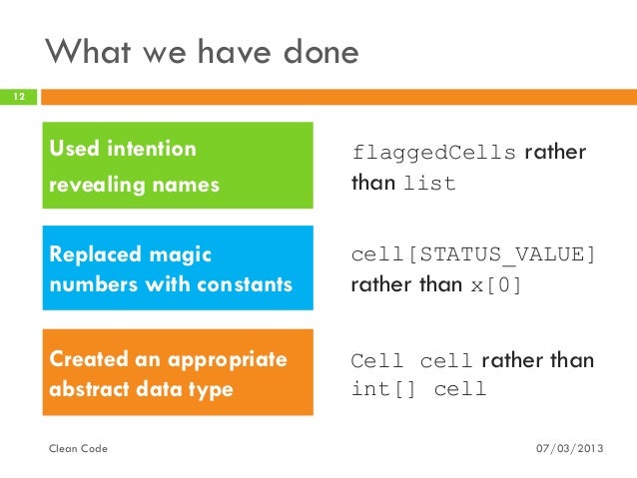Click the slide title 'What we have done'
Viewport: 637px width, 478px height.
203,53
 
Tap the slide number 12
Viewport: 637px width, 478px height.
18,98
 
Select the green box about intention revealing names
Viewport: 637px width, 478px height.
178,166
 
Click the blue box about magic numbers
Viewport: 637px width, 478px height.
178,268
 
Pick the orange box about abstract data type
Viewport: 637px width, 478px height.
178,372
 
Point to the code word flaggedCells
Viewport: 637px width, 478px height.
434,153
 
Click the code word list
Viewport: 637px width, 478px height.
429,185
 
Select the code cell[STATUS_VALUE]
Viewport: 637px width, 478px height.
473,255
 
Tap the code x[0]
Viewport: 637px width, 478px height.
495,286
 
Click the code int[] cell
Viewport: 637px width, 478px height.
419,389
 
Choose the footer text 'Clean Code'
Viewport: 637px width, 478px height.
79,450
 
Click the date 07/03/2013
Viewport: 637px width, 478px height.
570,450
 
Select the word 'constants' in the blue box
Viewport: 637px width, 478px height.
247,285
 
